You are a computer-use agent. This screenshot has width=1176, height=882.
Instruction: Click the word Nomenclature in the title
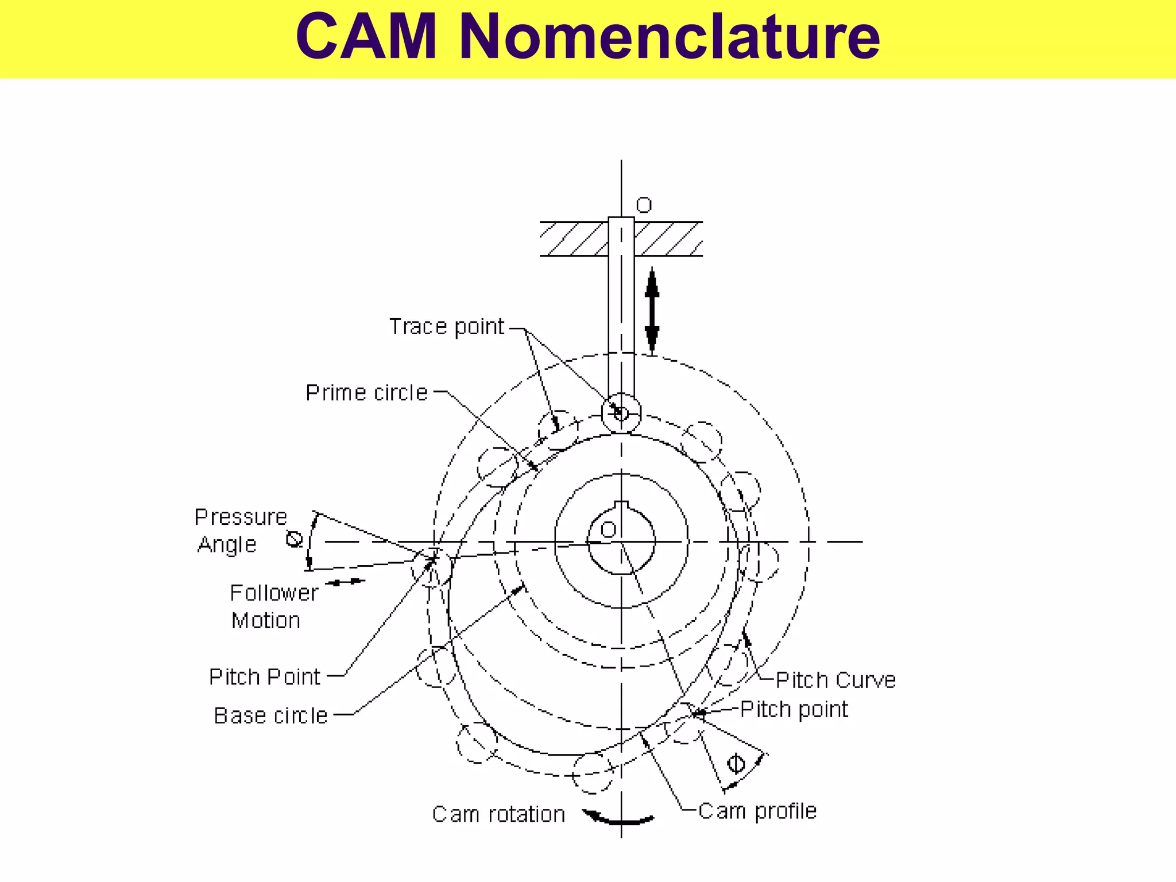[x=669, y=36]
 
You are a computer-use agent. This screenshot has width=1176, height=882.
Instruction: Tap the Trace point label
[x=447, y=327]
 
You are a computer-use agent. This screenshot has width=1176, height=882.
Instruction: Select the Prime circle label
[x=366, y=393]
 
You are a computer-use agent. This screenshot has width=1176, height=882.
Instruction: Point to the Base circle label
[x=270, y=716]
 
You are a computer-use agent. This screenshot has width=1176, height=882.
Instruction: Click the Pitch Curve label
[x=835, y=680]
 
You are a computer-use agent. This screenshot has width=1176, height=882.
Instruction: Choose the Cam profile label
[x=757, y=811]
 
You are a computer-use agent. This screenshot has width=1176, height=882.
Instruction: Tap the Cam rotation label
[x=498, y=815]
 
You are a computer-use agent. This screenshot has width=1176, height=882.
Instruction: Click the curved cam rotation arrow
[x=618, y=818]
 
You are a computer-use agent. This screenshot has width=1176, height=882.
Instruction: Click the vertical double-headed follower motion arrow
[x=652, y=310]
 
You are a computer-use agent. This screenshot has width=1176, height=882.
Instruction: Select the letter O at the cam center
[x=608, y=529]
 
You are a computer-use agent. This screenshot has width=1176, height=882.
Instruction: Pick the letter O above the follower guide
[x=644, y=206]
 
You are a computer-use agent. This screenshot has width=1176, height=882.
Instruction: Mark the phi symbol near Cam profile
[x=736, y=764]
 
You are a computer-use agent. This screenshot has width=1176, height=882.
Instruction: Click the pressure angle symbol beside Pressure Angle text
[x=295, y=539]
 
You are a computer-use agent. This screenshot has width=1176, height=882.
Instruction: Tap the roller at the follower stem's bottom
[x=621, y=413]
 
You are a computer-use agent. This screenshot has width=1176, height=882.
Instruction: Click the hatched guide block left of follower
[x=574, y=239]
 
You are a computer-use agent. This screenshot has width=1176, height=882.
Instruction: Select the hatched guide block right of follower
[x=668, y=239]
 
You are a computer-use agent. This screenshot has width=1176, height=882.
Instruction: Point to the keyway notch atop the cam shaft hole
[x=621, y=506]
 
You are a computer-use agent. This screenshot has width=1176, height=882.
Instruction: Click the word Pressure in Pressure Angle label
[x=241, y=517]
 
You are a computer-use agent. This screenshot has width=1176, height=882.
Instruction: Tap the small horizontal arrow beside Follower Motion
[x=345, y=582]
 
